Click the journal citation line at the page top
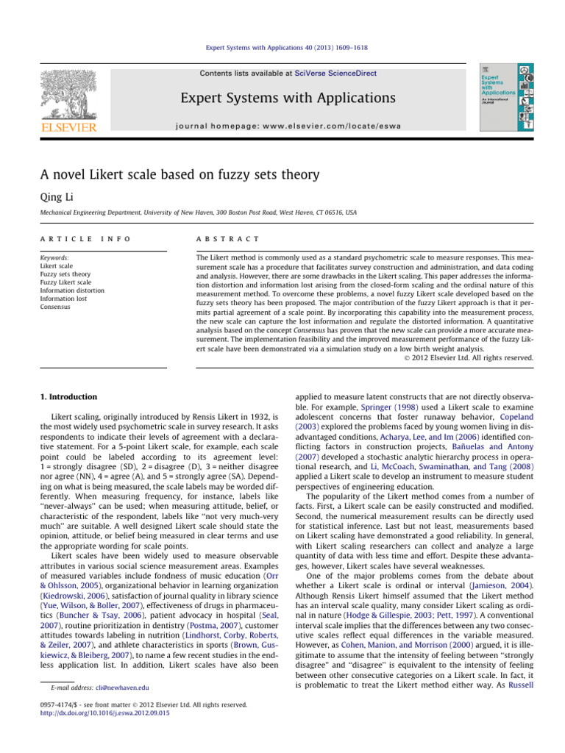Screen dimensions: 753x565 pos(282,49)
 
